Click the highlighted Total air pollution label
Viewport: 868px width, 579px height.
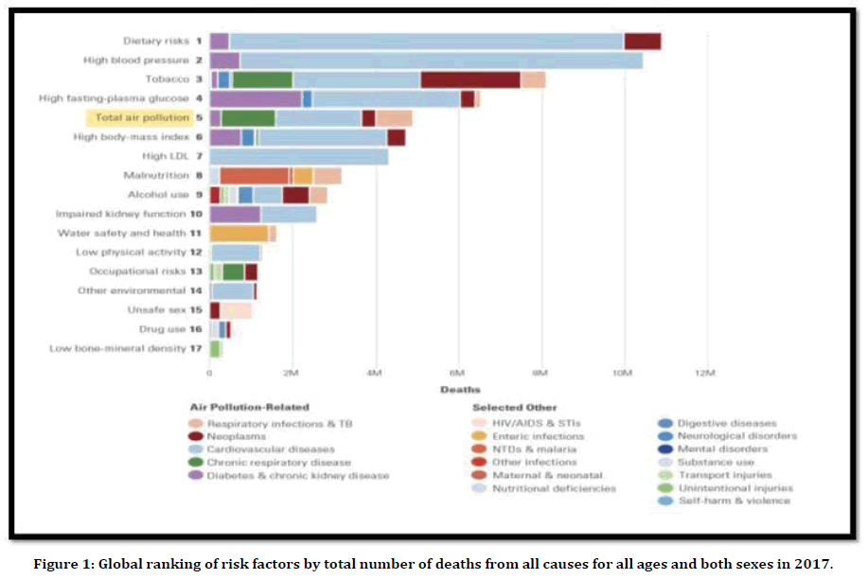tap(142, 117)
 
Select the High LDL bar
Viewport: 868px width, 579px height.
tap(299, 156)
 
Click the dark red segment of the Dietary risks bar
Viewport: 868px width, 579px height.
tap(642, 41)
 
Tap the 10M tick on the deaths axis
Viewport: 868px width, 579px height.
tap(622, 374)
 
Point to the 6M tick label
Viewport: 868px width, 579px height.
tap(458, 374)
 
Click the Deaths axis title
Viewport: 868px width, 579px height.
tap(460, 390)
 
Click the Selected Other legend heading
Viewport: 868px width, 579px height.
tap(515, 408)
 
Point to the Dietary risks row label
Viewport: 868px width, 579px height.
tap(157, 41)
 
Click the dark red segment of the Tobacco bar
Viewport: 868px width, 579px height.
tap(470, 79)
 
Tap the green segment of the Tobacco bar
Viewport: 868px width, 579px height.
tap(261, 79)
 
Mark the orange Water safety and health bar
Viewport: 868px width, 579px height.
tap(239, 233)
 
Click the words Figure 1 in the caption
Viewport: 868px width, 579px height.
tap(59, 564)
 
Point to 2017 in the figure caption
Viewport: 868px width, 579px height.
tap(815, 564)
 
